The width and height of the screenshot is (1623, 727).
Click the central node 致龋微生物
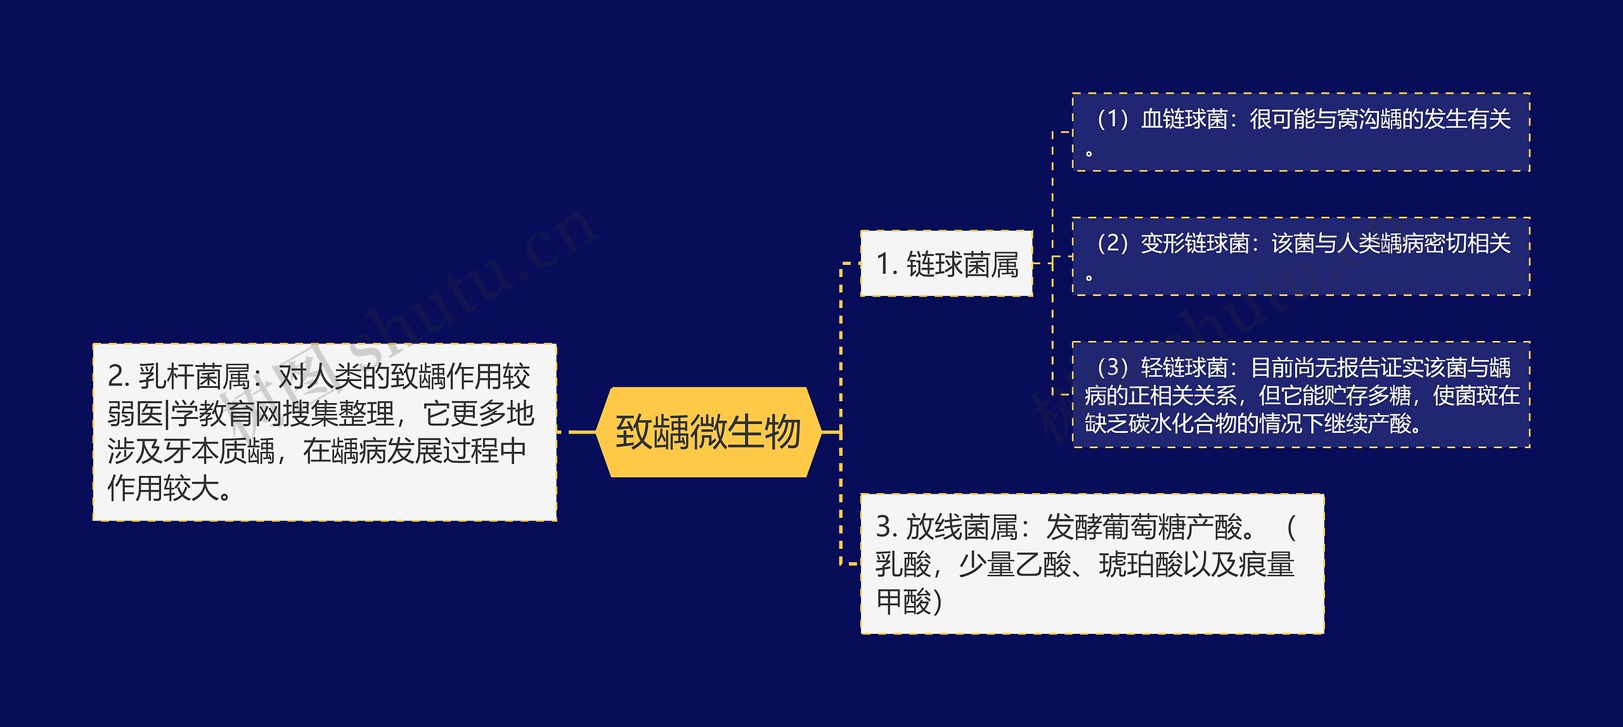pyautogui.click(x=708, y=432)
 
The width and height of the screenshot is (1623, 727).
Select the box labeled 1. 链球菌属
pyautogui.click(x=947, y=264)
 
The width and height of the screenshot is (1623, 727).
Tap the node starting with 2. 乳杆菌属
pyautogui.click(x=324, y=432)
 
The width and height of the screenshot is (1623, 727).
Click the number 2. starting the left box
pyautogui.click(x=119, y=376)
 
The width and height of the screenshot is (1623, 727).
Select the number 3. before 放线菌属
pyautogui.click(x=886, y=527)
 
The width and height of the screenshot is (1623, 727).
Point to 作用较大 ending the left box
pyautogui.click(x=162, y=488)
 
